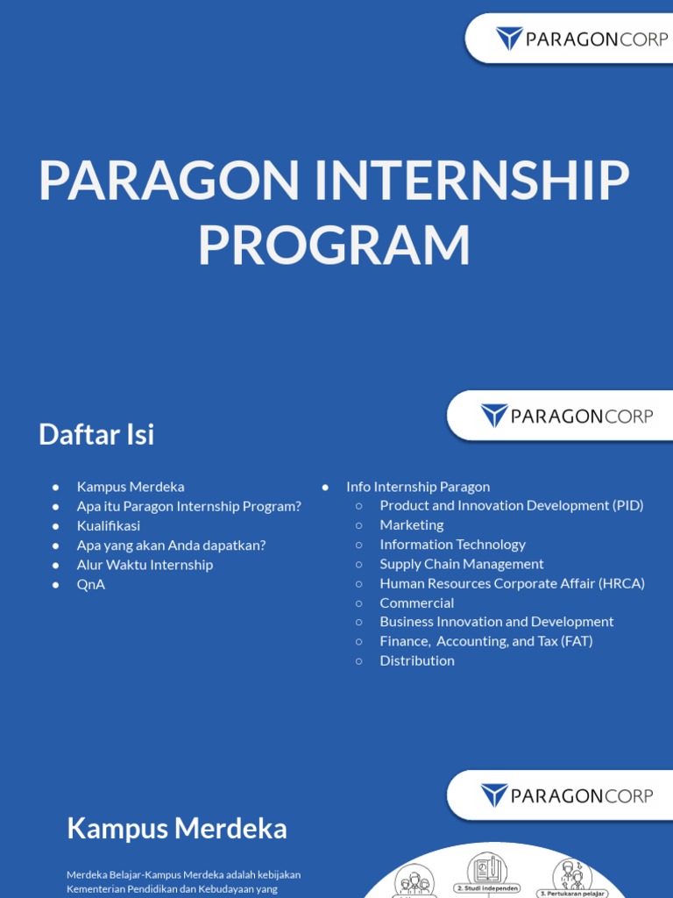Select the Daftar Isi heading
pyautogui.click(x=96, y=434)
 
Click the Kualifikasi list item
pyautogui.click(x=109, y=525)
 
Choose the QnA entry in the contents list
pyautogui.click(x=91, y=584)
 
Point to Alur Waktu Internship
pyautogui.click(x=145, y=565)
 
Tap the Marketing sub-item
pyautogui.click(x=412, y=524)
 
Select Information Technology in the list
pyautogui.click(x=452, y=544)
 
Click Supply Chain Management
pyautogui.click(x=462, y=564)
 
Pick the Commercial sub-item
pyautogui.click(x=417, y=602)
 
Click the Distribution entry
pyautogui.click(x=417, y=660)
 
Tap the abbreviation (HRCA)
pyautogui.click(x=622, y=583)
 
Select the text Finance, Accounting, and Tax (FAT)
pyautogui.click(x=486, y=641)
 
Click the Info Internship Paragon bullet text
pyautogui.click(x=418, y=486)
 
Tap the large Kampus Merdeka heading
pyautogui.click(x=177, y=829)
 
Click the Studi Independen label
pyautogui.click(x=488, y=888)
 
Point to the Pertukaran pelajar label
pyautogui.click(x=574, y=894)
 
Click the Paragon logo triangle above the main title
pyautogui.click(x=509, y=39)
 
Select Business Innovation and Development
pyautogui.click(x=497, y=622)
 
